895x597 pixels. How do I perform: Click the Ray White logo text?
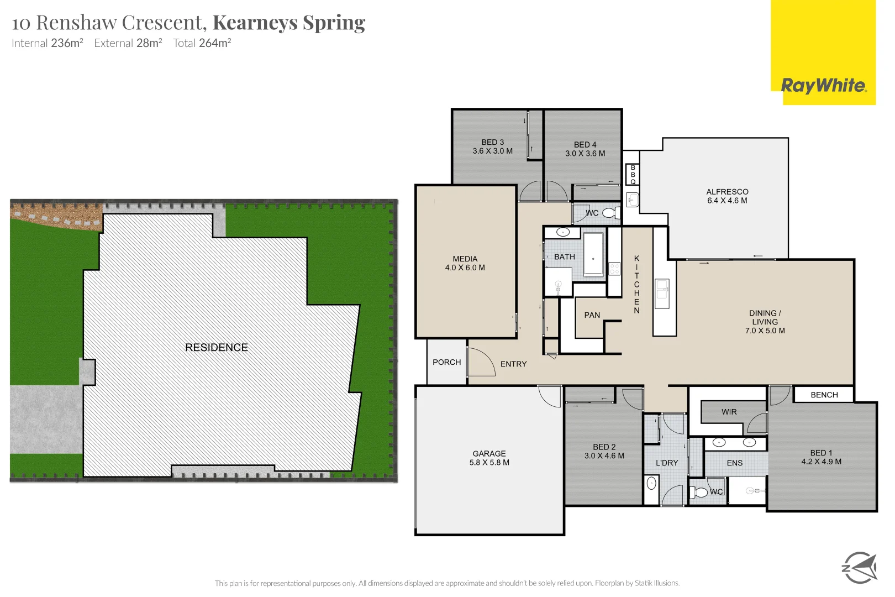click(823, 86)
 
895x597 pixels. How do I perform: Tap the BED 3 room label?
click(492, 146)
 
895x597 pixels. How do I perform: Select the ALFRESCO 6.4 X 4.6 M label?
click(727, 196)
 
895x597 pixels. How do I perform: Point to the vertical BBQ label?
click(633, 174)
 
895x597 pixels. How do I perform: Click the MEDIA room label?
click(465, 263)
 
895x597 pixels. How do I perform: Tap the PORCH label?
click(446, 362)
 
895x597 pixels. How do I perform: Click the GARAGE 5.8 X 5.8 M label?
click(489, 458)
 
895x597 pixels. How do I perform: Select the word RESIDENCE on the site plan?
click(217, 347)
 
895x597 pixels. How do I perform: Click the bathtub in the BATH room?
click(593, 254)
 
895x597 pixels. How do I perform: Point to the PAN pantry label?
click(592, 315)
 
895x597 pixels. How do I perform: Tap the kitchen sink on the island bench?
click(661, 293)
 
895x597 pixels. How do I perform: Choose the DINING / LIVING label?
click(765, 321)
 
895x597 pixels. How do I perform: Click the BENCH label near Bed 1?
click(824, 395)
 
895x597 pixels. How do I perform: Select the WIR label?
click(729, 412)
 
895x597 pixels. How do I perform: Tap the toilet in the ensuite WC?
click(700, 492)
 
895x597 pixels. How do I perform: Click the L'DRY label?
click(666, 463)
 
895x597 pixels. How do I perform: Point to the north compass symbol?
click(859, 567)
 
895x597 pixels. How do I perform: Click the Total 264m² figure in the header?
click(202, 43)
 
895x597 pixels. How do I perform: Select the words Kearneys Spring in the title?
click(288, 23)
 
